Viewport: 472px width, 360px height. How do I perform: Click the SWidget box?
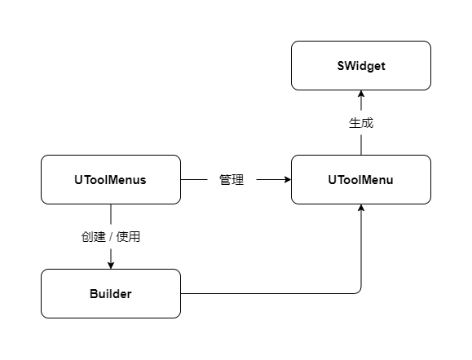[360, 65]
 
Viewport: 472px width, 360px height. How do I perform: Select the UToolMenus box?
[110, 179]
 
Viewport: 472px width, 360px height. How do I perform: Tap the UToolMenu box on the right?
[360, 179]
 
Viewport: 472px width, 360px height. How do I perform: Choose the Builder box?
[110, 293]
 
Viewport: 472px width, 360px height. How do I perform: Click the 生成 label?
[360, 123]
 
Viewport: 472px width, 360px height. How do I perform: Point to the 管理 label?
[232, 180]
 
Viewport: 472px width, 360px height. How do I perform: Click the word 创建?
[93, 237]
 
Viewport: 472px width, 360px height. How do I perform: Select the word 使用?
[129, 237]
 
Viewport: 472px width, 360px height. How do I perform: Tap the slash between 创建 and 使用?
[111, 237]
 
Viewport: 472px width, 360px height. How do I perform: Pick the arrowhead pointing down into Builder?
[110, 264]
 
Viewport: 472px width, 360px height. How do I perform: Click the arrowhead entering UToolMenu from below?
[360, 209]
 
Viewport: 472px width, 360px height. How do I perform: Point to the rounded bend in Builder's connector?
[359, 292]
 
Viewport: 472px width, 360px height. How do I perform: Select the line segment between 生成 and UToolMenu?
[360, 145]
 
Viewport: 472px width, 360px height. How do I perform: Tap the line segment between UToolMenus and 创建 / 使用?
[110, 215]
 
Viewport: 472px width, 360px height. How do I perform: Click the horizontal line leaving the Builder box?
[261, 293]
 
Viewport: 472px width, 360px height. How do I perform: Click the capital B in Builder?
[93, 293]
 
